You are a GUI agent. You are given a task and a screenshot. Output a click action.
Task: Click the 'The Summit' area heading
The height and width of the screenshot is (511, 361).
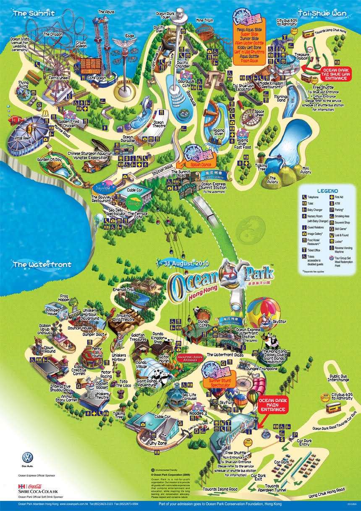pos(34,13)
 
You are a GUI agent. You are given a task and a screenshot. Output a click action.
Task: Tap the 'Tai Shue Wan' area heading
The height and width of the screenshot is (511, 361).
pos(322,13)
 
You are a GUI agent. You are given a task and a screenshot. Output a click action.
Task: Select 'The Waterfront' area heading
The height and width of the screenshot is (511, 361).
pos(42,265)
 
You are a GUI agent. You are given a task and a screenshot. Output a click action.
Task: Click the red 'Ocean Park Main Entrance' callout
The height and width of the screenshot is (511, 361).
pos(272,404)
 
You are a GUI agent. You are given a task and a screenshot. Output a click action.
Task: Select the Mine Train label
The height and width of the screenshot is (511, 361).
pos(205,20)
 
